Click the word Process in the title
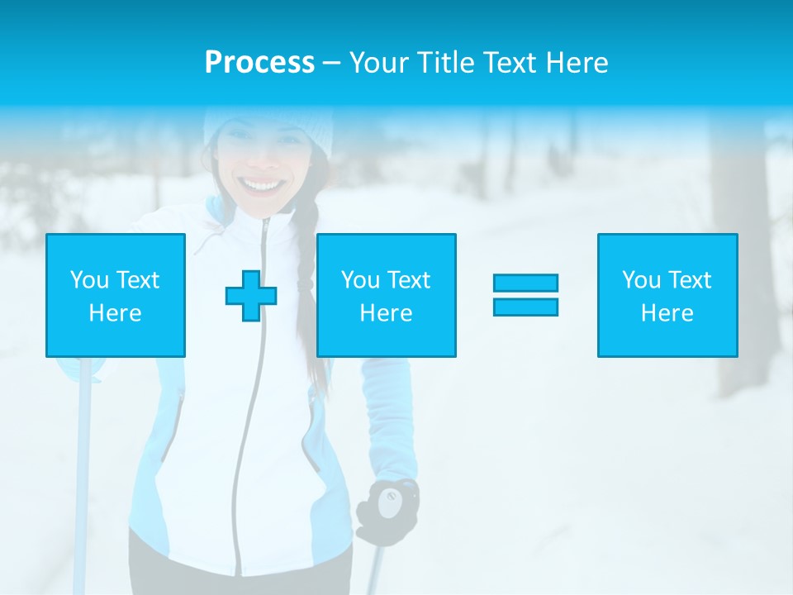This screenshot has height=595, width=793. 259,63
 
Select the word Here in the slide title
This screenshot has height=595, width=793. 575,63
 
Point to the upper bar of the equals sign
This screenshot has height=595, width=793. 525,283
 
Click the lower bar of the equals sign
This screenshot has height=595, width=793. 525,307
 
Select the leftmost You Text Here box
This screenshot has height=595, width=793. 115,295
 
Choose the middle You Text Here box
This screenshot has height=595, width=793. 386,295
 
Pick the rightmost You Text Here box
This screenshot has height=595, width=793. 667,295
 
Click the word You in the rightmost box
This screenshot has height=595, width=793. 641,280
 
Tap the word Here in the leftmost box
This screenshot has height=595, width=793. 115,313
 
